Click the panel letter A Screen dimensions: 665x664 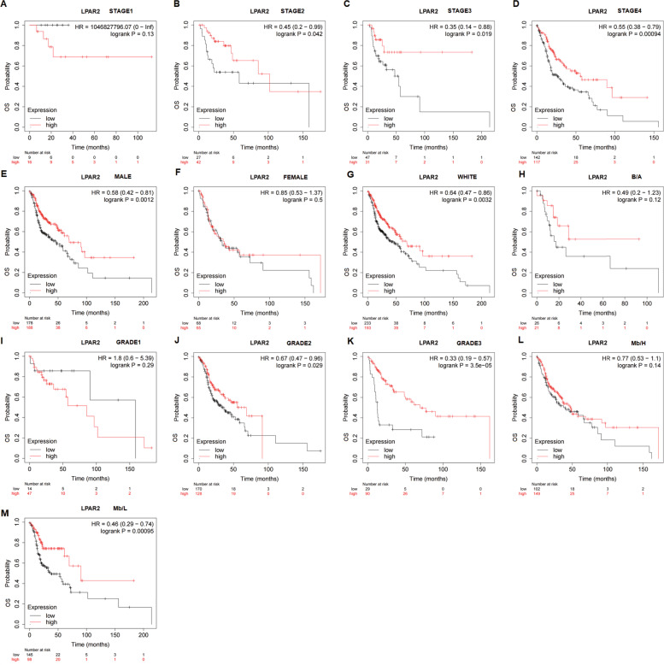click(x=5, y=5)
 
